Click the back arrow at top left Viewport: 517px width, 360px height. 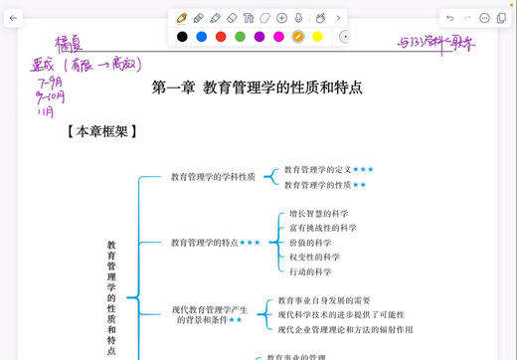coord(13,18)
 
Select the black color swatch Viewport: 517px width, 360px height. coord(182,37)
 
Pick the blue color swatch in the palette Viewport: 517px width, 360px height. coord(201,37)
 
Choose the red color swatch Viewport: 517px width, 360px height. coord(221,37)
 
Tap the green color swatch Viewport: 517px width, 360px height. coord(240,37)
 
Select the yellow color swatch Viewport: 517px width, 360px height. coord(317,37)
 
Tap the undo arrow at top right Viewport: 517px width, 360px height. coord(450,18)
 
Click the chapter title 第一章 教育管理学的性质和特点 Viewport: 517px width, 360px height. coord(257,88)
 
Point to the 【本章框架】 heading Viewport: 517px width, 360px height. coord(101,130)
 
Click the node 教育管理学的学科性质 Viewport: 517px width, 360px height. coord(213,177)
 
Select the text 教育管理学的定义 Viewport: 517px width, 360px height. coord(317,170)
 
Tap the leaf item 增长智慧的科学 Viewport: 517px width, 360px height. coord(318,213)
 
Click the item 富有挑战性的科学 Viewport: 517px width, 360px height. coord(322,228)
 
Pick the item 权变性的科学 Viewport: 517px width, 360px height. coord(314,257)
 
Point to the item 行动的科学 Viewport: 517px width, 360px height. coord(310,271)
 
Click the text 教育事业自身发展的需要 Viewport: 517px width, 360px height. coord(324,300)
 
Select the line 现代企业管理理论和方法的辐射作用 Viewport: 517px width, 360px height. coord(345,329)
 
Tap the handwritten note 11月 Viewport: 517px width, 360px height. coord(45,111)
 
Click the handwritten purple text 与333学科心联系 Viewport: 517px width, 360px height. coord(435,43)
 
